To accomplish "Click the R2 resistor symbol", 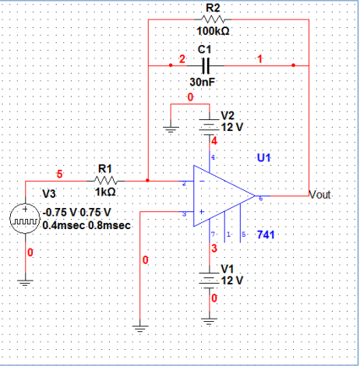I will point(213,19).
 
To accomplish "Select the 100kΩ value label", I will point(212,31).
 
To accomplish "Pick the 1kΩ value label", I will point(105,191).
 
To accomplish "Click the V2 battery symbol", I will point(210,125).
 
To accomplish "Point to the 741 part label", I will point(265,235).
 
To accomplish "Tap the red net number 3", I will point(215,249).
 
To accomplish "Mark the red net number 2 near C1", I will point(182,59).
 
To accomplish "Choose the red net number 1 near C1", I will point(259,59).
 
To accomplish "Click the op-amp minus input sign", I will point(200,182).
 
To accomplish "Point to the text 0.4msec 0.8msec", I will point(86,225).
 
